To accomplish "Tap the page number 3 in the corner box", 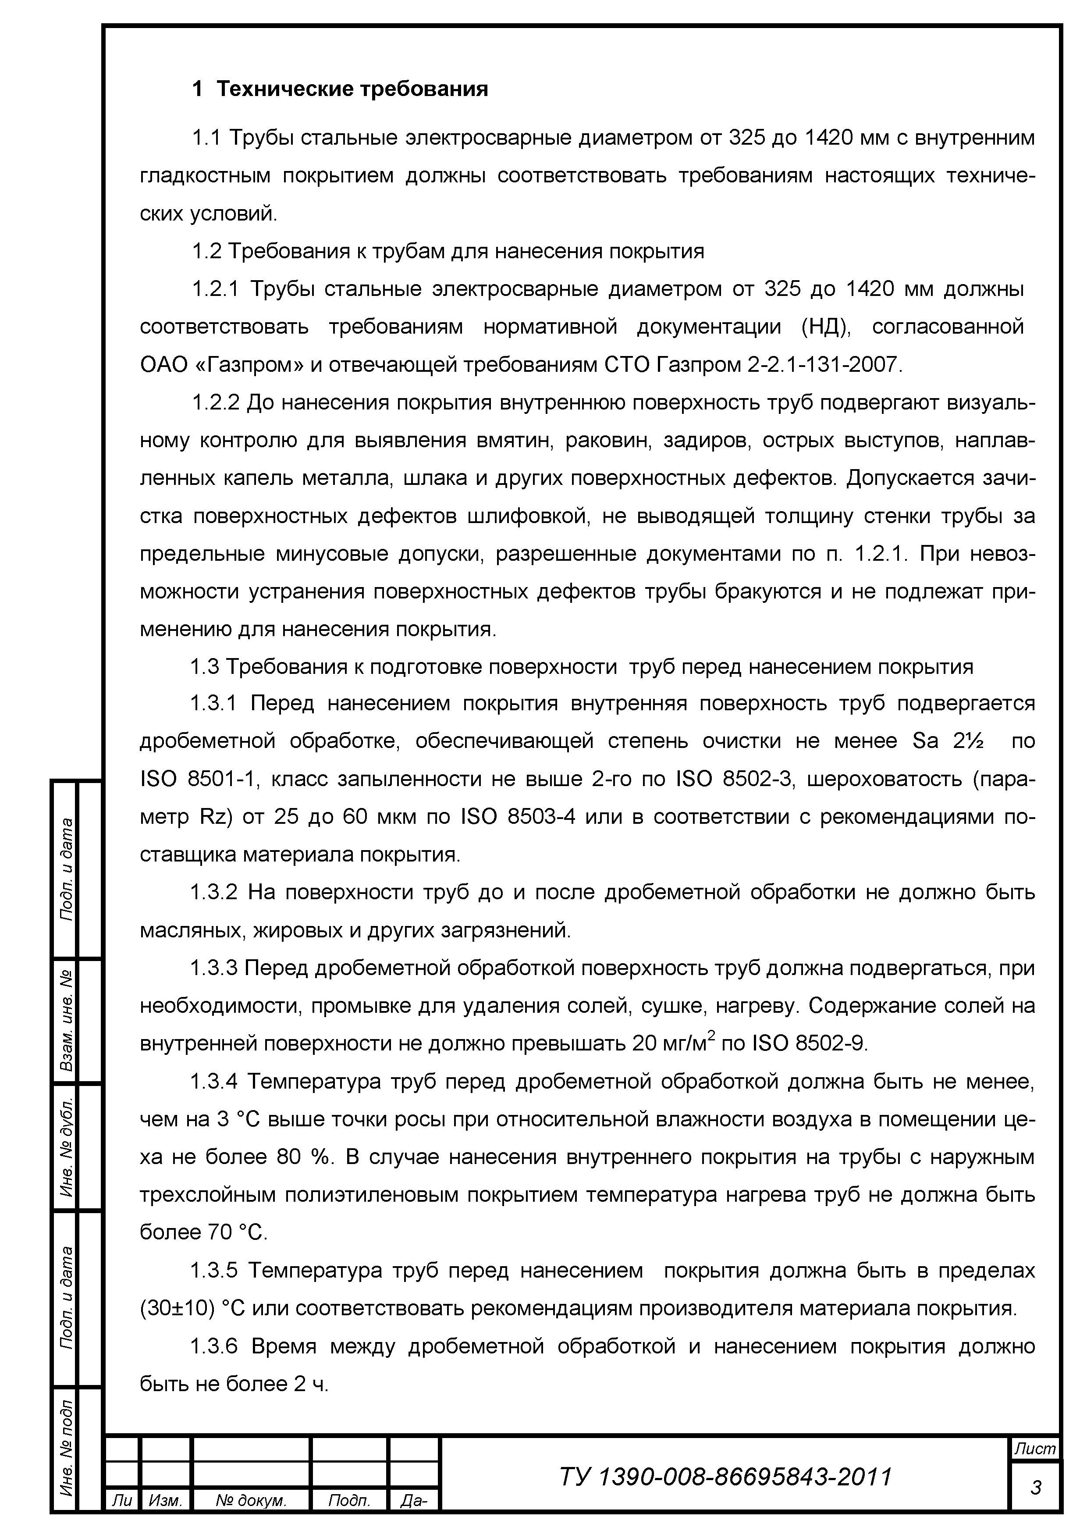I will click(1035, 1488).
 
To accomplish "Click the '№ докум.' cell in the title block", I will click(250, 1519).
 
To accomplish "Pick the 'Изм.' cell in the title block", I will click(165, 1519).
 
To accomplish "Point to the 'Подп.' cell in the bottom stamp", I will click(349, 1519).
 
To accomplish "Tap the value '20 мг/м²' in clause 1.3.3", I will click(675, 1043).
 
